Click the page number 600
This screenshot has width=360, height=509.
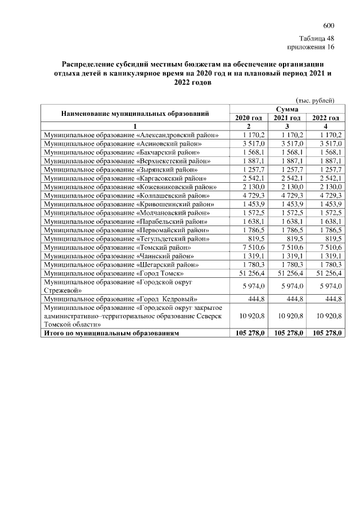pyautogui.click(x=328, y=26)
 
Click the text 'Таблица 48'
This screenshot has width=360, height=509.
pyautogui.click(x=317, y=38)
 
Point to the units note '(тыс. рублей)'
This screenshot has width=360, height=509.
pyautogui.click(x=315, y=100)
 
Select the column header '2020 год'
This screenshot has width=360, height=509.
pyautogui.click(x=249, y=118)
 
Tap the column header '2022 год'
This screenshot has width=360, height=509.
pyautogui.click(x=325, y=118)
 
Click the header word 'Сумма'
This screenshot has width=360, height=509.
pyautogui.click(x=287, y=109)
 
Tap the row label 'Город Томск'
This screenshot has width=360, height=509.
pyautogui.click(x=114, y=272)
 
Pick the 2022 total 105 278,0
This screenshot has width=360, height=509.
pyautogui.click(x=325, y=333)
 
